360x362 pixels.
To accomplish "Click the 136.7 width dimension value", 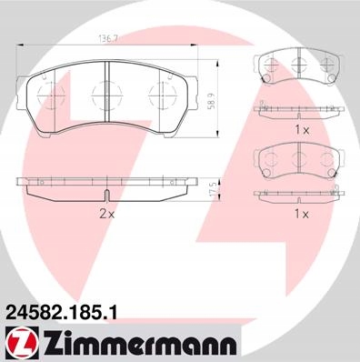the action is (x=108, y=39).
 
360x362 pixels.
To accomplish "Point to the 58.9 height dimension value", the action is (x=213, y=100).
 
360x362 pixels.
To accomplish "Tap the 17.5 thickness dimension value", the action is (x=214, y=190).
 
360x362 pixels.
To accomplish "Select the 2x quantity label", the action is (x=107, y=215).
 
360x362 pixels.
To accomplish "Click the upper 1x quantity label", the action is (x=302, y=130).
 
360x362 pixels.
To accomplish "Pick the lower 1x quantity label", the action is (x=302, y=215).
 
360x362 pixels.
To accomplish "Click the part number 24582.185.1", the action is (x=61, y=313).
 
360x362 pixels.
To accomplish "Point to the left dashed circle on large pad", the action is (x=51, y=95).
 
